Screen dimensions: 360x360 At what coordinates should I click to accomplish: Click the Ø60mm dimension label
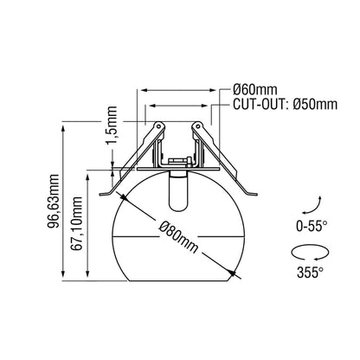click(254, 90)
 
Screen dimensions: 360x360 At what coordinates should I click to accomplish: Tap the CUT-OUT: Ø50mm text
click(285, 104)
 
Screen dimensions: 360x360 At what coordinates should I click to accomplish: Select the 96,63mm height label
click(54, 201)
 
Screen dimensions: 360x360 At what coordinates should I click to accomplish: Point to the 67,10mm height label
click(77, 223)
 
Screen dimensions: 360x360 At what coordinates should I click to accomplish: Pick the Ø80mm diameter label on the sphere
click(179, 236)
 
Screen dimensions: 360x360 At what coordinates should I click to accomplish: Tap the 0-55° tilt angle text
click(312, 226)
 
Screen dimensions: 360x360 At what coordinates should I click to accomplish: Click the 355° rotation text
click(310, 272)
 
